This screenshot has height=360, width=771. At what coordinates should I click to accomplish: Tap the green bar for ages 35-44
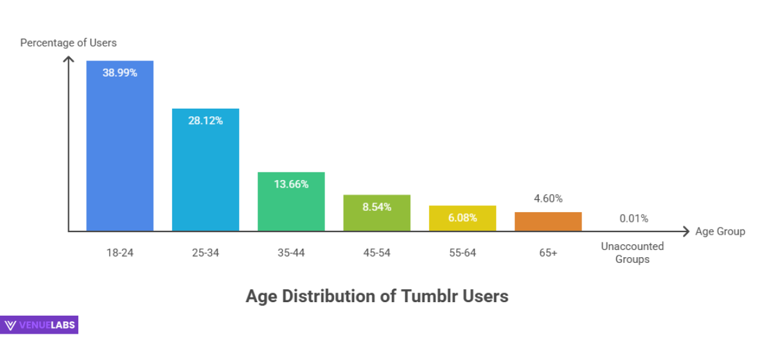pos(291,206)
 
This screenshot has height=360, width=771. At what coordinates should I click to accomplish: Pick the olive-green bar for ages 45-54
pos(377,219)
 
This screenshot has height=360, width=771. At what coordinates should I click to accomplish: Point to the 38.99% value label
pos(120,73)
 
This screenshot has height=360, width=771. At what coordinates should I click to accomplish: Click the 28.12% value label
pos(206,120)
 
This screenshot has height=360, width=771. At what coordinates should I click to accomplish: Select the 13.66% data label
pos(291,184)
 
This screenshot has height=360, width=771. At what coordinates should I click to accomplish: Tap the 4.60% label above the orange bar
pos(548,199)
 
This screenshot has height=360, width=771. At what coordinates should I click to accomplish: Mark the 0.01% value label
pos(634,219)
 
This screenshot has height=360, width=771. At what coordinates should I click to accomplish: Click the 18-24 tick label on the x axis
pos(120,253)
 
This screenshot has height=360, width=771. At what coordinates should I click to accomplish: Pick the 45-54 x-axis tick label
pos(377,253)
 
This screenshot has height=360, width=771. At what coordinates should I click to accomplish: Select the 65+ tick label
pos(548,253)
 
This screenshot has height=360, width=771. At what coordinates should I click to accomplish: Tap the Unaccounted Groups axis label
pos(632,253)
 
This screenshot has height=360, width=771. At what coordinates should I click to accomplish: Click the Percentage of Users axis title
pos(68,43)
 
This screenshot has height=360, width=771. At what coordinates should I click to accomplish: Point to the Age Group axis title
pos(720,231)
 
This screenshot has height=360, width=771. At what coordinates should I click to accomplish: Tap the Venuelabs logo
pos(40,325)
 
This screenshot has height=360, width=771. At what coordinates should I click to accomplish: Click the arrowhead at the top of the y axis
pos(69,59)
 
